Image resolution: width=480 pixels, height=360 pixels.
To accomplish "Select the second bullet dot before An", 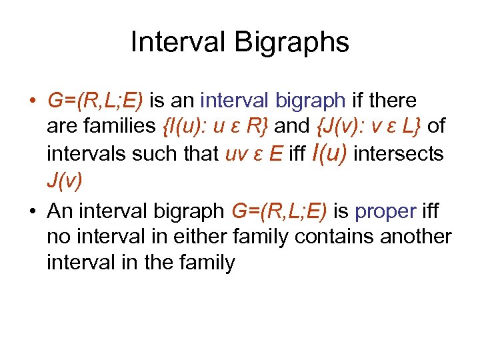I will [32, 212].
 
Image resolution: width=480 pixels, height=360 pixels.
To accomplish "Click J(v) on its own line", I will [65, 181].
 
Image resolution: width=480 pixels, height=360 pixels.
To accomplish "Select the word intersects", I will [399, 155].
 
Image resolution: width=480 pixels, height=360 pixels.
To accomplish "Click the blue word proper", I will [387, 211].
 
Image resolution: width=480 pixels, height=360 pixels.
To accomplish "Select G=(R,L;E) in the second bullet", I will [278, 211].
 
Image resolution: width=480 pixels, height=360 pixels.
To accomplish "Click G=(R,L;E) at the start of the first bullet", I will [95, 101].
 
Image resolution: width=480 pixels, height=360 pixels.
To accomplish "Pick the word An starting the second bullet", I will [60, 211].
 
